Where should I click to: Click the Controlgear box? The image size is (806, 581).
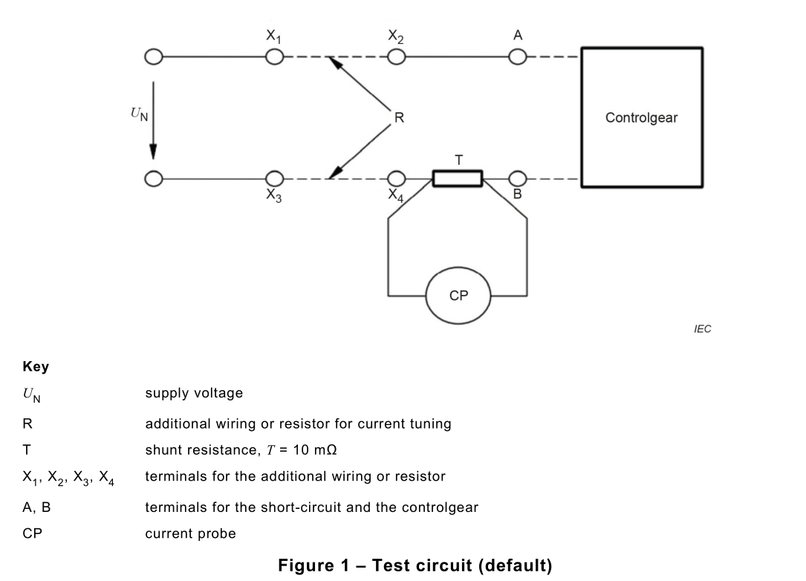641,117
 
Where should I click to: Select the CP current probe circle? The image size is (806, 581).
458,295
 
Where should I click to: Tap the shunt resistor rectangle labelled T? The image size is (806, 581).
458,179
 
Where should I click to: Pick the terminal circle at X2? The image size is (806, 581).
396,57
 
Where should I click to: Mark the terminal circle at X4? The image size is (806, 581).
396,179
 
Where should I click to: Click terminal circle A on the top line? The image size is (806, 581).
517,57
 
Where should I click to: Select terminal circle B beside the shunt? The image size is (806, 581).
517,179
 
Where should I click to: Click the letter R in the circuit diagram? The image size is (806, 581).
398,117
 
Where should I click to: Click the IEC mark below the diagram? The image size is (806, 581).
702,329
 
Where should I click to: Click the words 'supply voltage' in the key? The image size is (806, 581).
193,393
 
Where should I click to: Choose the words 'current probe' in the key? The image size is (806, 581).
190,533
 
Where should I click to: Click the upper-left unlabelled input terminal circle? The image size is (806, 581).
153,57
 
